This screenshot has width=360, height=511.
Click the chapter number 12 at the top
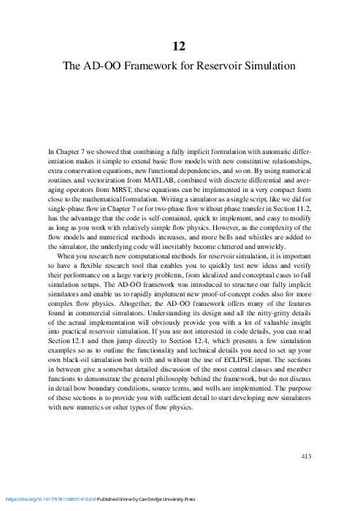pyautogui.click(x=180, y=46)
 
